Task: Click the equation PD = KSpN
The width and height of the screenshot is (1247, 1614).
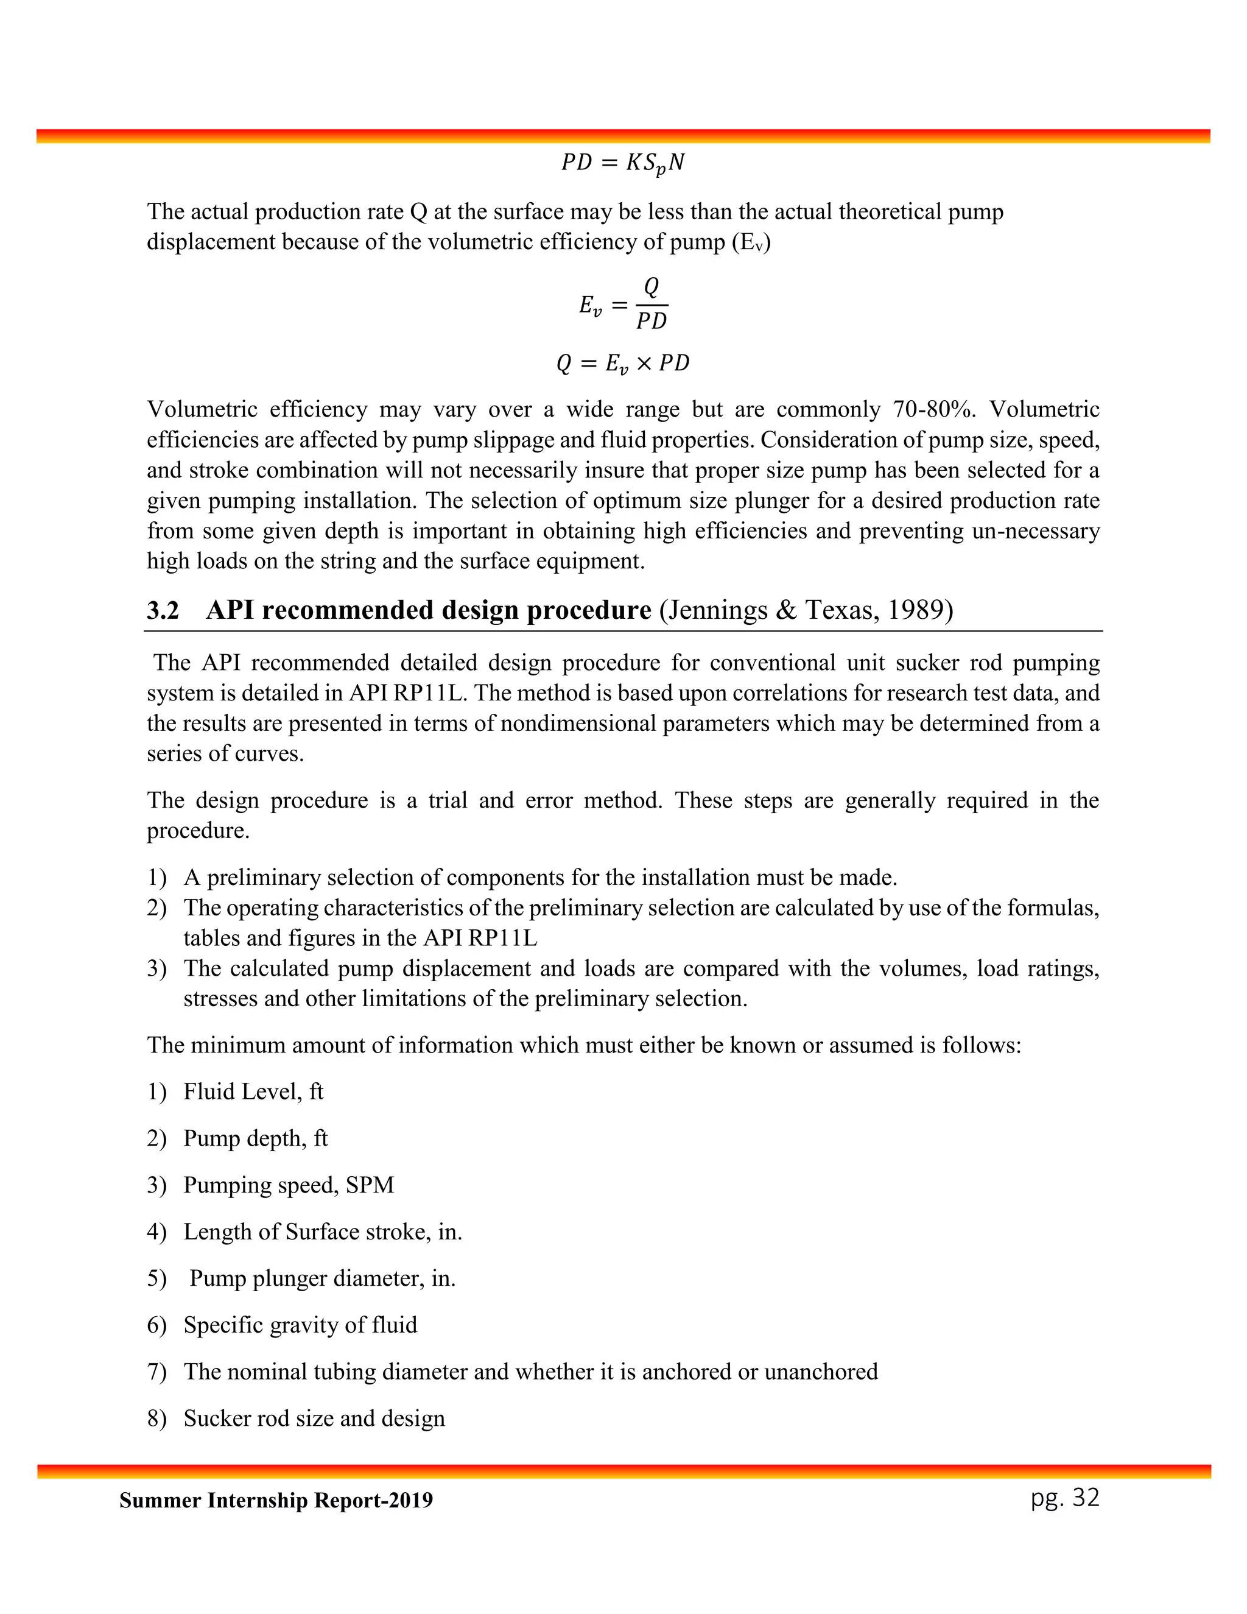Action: [623, 163]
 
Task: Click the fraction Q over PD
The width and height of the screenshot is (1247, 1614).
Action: [652, 304]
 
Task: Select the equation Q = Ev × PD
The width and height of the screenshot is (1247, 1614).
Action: [623, 363]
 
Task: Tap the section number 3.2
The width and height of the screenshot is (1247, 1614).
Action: [163, 610]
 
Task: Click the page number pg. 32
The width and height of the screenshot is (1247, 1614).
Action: [1064, 1496]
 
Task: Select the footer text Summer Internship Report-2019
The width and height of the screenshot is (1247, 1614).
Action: [276, 1500]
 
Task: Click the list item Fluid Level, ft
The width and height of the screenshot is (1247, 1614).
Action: [253, 1091]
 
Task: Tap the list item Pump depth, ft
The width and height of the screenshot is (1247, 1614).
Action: [256, 1138]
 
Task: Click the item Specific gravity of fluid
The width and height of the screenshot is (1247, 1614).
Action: [300, 1324]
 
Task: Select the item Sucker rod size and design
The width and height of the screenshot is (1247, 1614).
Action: [314, 1418]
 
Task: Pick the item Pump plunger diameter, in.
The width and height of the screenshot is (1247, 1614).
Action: [322, 1278]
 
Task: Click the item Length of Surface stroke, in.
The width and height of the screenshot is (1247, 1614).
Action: [323, 1231]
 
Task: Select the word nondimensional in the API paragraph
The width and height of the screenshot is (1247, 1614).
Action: [578, 723]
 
